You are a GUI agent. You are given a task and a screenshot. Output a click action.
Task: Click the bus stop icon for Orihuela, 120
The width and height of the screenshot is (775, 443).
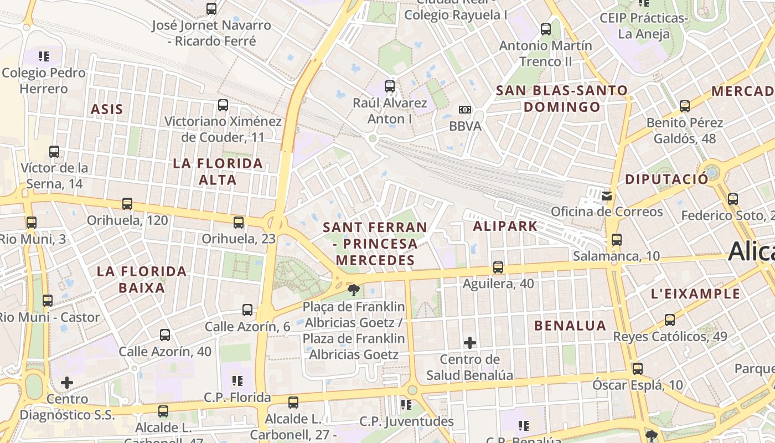click(127, 204)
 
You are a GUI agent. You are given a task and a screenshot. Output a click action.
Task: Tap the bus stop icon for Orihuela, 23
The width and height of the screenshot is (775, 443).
click(239, 223)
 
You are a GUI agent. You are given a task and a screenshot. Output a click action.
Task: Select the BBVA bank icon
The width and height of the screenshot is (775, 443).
click(465, 110)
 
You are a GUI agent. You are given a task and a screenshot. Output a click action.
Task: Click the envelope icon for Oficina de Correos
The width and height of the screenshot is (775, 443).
click(607, 195)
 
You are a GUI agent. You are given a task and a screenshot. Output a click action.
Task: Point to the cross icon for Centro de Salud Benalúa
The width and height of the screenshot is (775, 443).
click(470, 343)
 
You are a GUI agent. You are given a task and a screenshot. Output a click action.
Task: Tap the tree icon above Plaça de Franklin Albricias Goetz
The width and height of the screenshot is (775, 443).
click(353, 289)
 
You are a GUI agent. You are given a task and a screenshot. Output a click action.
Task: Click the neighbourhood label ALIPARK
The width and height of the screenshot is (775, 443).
click(505, 226)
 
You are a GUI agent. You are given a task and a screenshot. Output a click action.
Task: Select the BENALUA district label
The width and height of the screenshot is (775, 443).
click(570, 326)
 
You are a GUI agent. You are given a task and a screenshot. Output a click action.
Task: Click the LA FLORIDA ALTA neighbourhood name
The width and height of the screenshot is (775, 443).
click(218, 172)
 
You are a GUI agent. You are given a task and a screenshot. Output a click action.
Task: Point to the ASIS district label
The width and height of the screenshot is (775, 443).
click(107, 109)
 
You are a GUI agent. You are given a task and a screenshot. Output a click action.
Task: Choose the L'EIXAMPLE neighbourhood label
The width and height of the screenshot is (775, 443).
click(696, 293)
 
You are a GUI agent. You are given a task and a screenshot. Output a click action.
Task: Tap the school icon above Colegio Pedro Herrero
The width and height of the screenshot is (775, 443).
click(44, 56)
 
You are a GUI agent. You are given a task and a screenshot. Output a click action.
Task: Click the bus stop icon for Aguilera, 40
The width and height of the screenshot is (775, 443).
click(498, 267)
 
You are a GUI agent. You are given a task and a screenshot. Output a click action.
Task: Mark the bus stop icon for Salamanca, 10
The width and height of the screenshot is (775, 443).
click(617, 240)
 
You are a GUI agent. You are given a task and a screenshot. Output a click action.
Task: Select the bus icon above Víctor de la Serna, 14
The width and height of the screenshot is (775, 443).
click(54, 151)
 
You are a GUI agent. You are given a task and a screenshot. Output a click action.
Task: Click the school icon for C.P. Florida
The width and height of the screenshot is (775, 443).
click(237, 381)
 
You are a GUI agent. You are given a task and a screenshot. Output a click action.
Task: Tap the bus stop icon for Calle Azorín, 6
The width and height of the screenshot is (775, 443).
click(247, 310)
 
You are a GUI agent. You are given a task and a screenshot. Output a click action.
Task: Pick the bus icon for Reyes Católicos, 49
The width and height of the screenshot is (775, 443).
click(670, 320)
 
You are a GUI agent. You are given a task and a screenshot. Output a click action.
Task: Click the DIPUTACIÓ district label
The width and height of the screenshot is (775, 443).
click(666, 179)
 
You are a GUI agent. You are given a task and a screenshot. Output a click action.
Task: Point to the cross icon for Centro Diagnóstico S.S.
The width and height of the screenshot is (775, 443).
click(67, 382)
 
